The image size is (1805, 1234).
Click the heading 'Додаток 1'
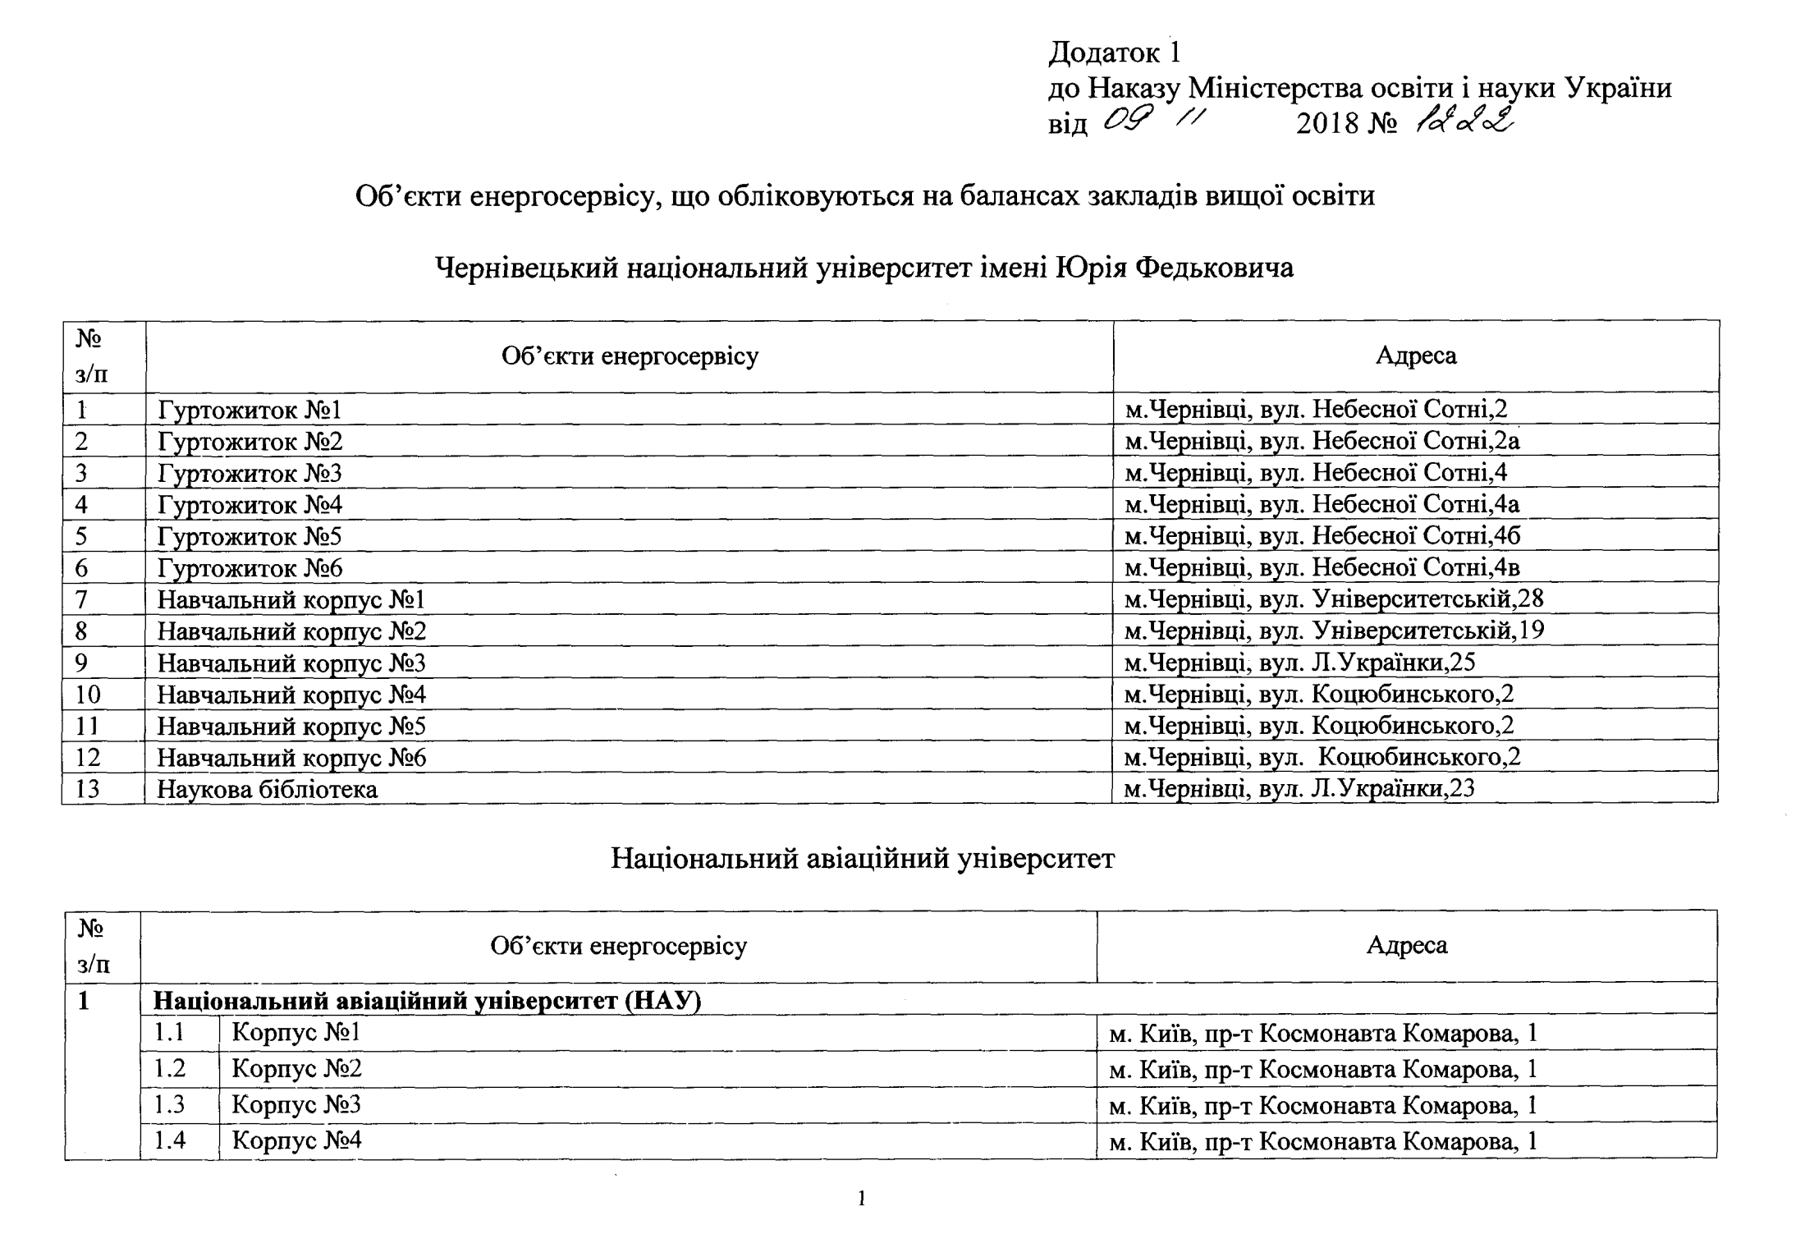[x=1114, y=53]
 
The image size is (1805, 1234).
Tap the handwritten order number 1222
[x=1464, y=123]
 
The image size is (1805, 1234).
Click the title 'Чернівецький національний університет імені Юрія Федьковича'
[x=864, y=267]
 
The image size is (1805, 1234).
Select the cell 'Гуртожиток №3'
[x=250, y=473]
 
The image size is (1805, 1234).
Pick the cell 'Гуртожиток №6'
[x=250, y=567]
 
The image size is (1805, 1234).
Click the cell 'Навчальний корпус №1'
[x=291, y=599]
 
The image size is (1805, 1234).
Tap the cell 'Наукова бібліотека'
[x=268, y=789]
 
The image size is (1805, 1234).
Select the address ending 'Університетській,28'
[x=1334, y=599]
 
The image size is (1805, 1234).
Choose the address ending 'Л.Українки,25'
[x=1299, y=662]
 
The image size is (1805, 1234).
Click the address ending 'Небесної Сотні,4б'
[x=1322, y=535]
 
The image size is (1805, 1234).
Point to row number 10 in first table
[x=88, y=695]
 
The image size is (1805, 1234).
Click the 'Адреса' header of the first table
[x=1416, y=356]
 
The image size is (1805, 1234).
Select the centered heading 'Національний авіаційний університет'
[x=863, y=858]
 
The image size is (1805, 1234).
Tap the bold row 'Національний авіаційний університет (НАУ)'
[x=428, y=1002]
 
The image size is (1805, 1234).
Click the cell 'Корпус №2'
[x=296, y=1068]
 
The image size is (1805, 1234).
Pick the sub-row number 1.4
[x=170, y=1140]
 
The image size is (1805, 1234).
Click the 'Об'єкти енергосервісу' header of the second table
[x=618, y=946]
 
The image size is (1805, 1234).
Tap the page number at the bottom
[x=862, y=1199]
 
